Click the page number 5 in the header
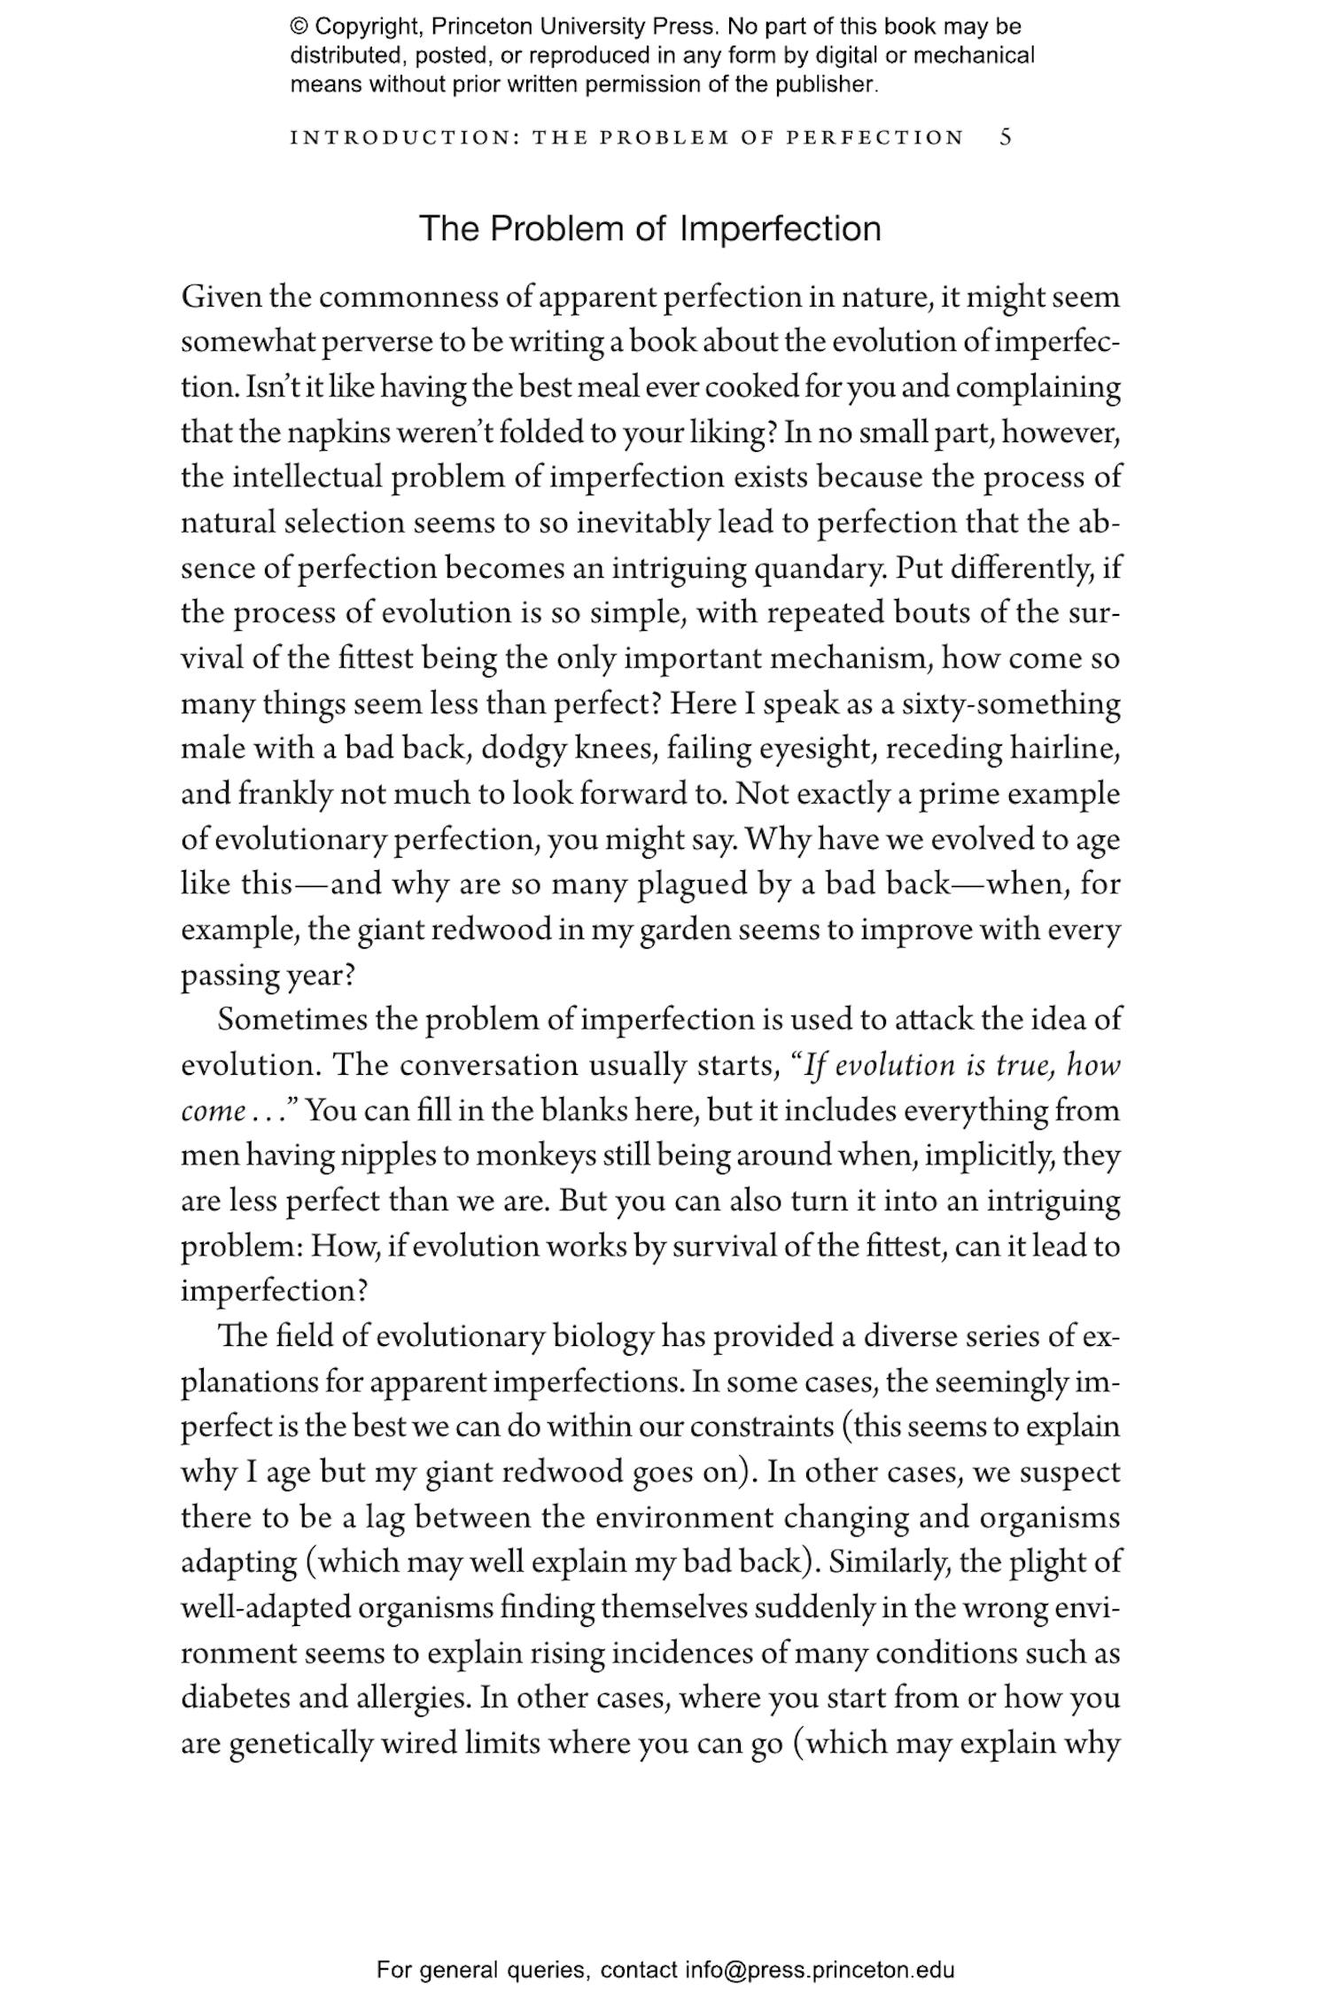tap(1006, 137)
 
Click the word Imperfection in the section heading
tap(780, 229)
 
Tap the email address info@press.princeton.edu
tap(819, 1971)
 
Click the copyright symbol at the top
tap(299, 27)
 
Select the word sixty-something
tap(1010, 704)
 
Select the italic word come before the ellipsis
tap(213, 1111)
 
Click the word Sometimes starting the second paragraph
tap(292, 1020)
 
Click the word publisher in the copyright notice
tap(826, 85)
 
